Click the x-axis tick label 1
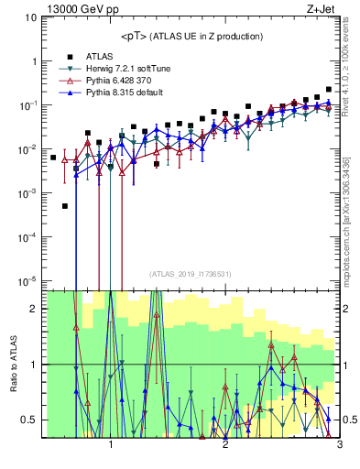[111, 444]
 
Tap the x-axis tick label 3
[338, 444]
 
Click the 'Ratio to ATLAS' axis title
[12, 364]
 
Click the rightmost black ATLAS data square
[329, 89]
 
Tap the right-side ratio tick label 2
[348, 309]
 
